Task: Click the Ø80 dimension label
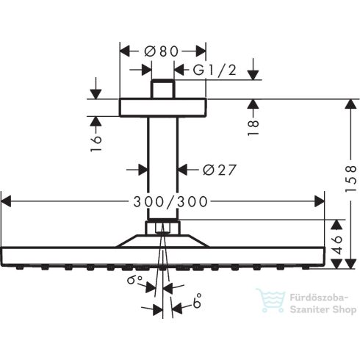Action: coord(162,51)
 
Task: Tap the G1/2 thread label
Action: coord(215,70)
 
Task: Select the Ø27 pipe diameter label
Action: coord(220,170)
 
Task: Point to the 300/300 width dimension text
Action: coord(170,202)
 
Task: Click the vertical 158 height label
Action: coord(350,179)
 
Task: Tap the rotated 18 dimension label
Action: coord(253,127)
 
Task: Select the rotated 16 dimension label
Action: coord(96,144)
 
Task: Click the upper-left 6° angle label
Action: coord(134,279)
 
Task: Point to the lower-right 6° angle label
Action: coord(197,300)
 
